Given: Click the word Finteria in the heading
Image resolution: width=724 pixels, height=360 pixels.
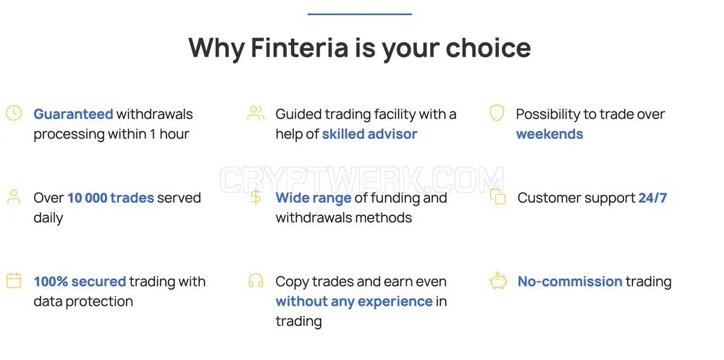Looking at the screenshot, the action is [300, 47].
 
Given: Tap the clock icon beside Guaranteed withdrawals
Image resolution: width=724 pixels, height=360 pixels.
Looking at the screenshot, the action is [14, 113].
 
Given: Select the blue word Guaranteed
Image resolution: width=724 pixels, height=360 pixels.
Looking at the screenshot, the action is [73, 114].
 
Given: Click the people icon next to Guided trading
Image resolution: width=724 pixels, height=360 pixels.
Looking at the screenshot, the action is [256, 113].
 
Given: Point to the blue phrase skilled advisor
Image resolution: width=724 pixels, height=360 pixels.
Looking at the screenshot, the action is [369, 134].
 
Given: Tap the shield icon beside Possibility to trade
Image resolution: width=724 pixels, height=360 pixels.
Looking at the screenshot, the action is [497, 113].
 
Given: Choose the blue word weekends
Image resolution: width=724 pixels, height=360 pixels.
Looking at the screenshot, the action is [550, 134].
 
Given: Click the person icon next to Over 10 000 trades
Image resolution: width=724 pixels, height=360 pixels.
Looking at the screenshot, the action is [14, 196].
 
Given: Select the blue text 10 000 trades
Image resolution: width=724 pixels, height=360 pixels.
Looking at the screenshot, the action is [111, 198].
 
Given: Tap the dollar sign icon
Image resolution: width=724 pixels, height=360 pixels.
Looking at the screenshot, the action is [256, 197].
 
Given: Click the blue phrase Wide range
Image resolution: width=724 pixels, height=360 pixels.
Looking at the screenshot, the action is [313, 198].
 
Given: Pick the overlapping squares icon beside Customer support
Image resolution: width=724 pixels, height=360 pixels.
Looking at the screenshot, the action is [498, 196].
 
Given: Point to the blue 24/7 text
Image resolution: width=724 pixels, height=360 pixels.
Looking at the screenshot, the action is [652, 198].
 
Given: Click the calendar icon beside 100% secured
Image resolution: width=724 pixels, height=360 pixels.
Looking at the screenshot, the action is [14, 280].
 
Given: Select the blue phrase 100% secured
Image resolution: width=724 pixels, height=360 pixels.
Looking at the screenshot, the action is [80, 282].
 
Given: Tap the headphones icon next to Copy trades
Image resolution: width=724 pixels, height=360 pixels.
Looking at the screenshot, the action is [256, 280].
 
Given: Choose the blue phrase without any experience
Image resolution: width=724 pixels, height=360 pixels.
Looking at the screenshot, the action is [354, 302].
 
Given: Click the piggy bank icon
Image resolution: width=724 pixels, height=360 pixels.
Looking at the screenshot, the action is [498, 280].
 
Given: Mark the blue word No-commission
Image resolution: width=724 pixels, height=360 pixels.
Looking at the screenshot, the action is [570, 282].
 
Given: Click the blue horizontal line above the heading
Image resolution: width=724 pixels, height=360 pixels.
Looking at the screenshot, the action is [360, 14].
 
